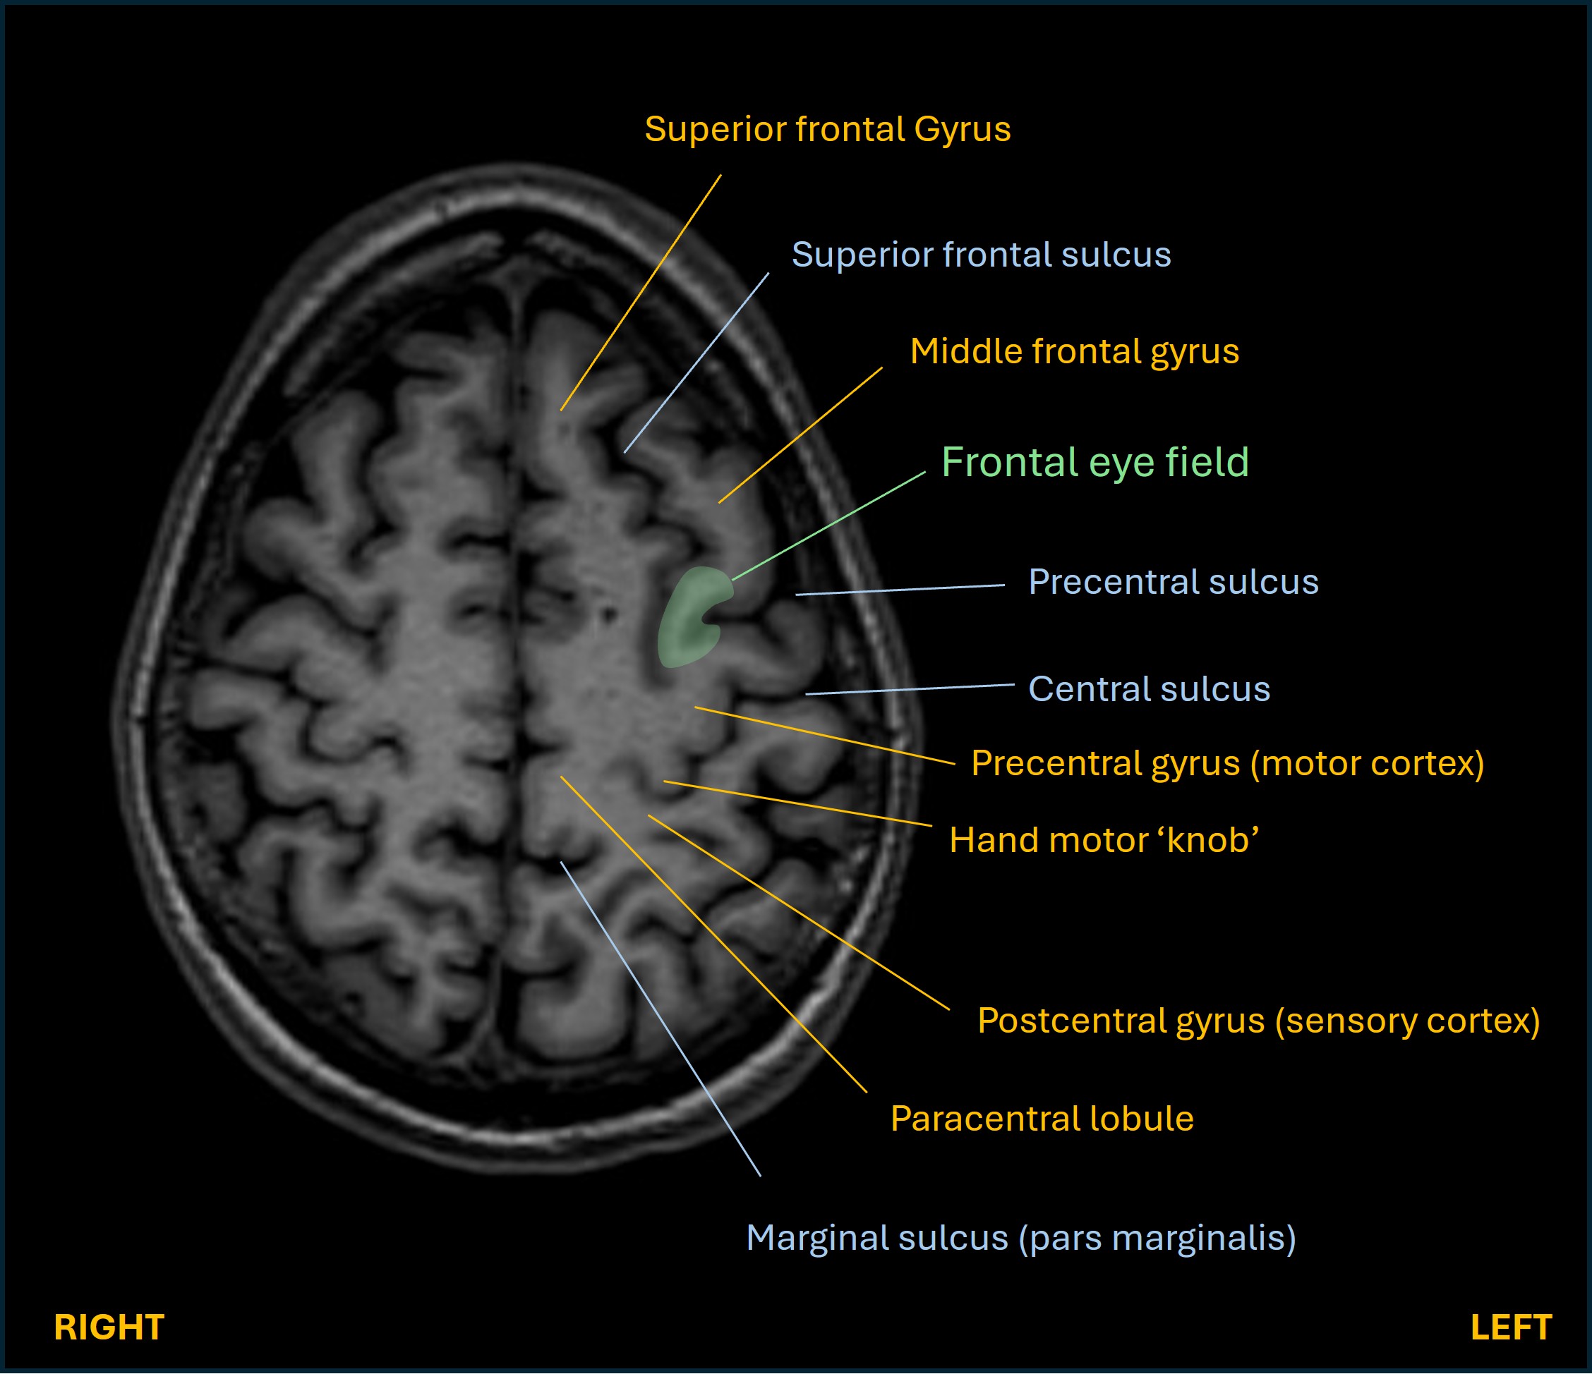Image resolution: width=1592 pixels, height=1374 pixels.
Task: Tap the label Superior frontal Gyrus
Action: click(x=828, y=129)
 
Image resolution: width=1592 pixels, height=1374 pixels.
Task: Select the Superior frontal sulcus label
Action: click(x=981, y=254)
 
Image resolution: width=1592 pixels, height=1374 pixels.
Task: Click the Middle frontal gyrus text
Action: click(x=1074, y=351)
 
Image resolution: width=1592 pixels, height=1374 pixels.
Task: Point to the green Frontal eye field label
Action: click(x=1095, y=463)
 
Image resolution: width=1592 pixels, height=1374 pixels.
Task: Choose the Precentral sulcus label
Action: click(x=1174, y=581)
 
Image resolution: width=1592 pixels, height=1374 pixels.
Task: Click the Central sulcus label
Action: click(x=1149, y=689)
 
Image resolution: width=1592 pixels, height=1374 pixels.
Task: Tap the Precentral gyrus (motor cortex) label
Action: click(x=1227, y=763)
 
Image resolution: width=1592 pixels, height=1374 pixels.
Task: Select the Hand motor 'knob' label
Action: click(x=1104, y=840)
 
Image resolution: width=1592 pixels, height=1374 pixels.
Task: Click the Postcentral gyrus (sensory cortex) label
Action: click(x=1258, y=1021)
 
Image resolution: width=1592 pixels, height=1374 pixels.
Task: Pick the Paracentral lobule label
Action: click(x=1042, y=1118)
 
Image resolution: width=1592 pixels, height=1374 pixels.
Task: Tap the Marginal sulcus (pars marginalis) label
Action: click(x=1021, y=1237)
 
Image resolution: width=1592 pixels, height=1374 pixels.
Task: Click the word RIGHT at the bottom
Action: click(x=109, y=1327)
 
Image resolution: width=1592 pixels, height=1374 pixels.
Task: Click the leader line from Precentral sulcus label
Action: click(x=899, y=590)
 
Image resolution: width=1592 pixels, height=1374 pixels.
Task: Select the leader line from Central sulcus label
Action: click(x=910, y=689)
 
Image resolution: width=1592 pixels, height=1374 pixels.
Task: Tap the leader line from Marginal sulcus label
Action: click(x=661, y=1019)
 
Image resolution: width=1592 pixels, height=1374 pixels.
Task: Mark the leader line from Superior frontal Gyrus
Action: click(x=641, y=293)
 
